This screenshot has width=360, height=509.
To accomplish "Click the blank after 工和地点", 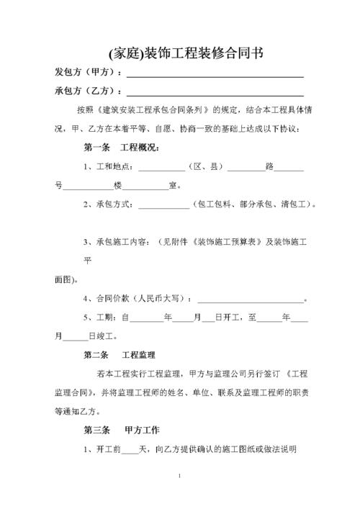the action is [x=161, y=170].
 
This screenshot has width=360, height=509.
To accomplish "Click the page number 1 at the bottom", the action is [x=180, y=477].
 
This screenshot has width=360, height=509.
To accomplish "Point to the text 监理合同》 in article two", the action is [x=73, y=394].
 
